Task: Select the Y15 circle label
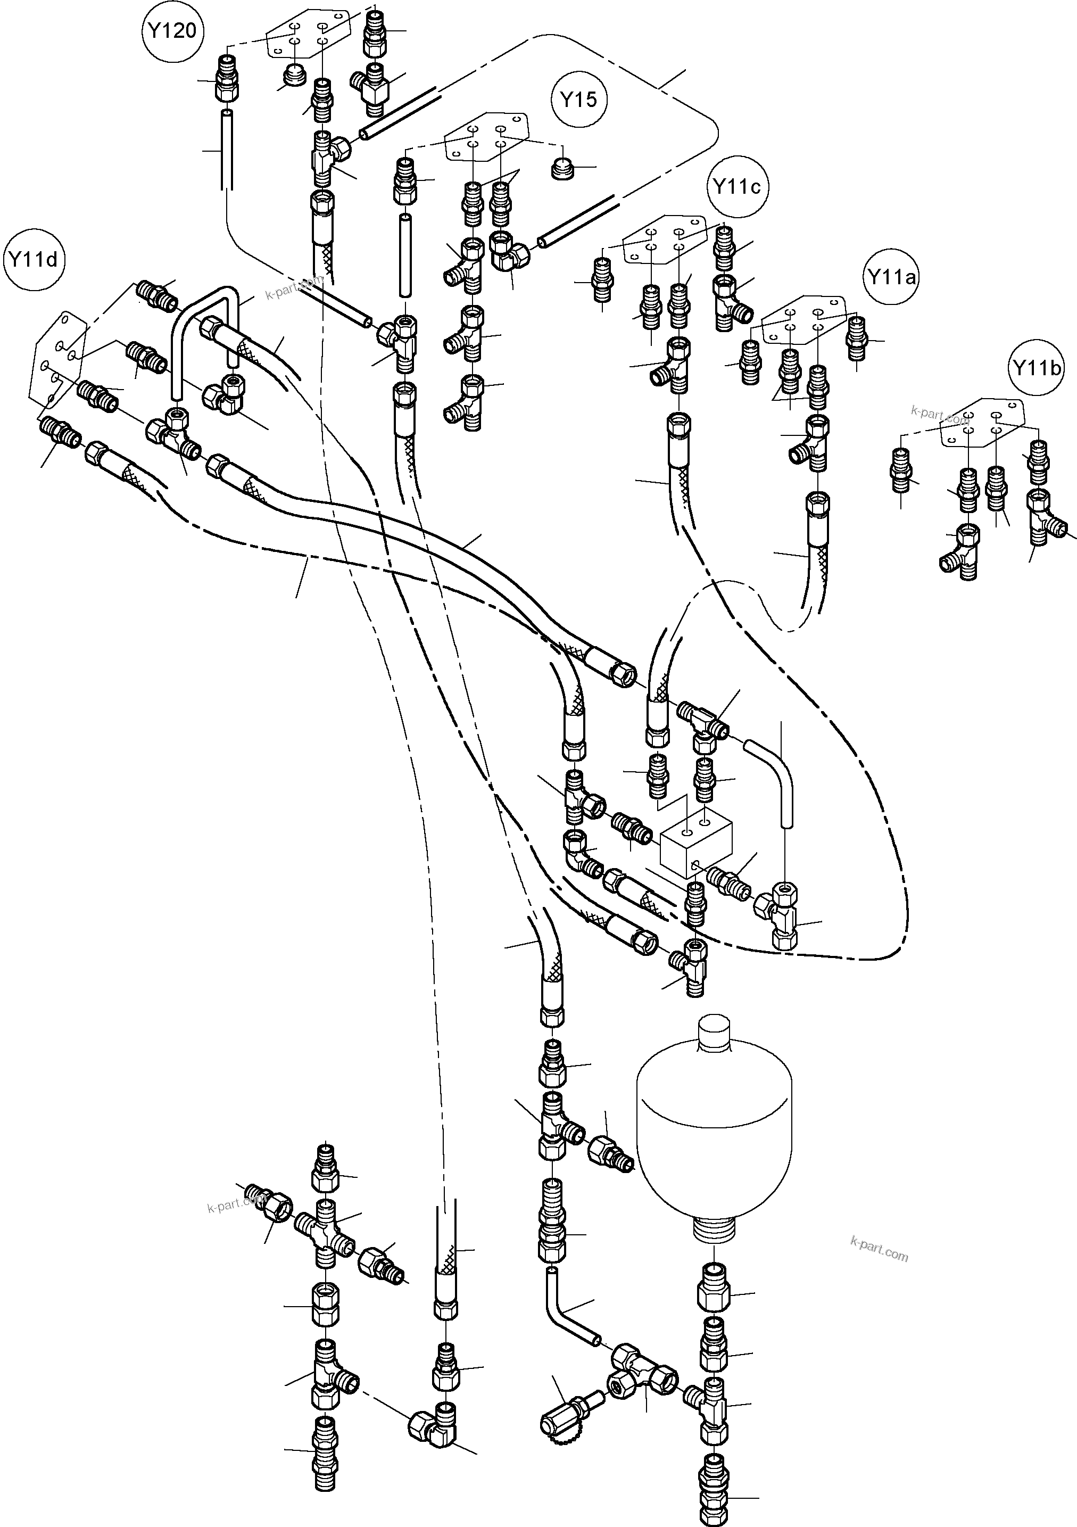click(x=578, y=101)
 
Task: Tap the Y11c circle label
click(x=736, y=187)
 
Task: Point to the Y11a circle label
click(x=891, y=277)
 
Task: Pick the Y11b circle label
click(x=1036, y=368)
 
